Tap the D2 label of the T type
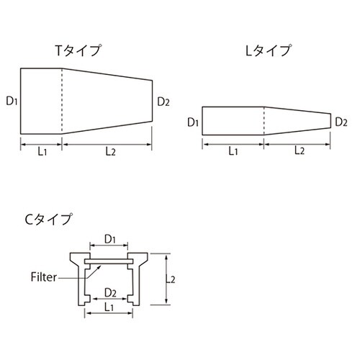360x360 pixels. click(x=163, y=101)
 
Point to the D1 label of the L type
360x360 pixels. click(x=192, y=122)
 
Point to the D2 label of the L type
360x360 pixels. click(x=342, y=122)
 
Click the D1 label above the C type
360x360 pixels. click(x=109, y=238)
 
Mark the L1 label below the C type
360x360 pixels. click(x=109, y=307)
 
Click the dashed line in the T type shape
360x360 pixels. click(x=63, y=101)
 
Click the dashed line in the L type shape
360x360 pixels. click(x=265, y=121)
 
